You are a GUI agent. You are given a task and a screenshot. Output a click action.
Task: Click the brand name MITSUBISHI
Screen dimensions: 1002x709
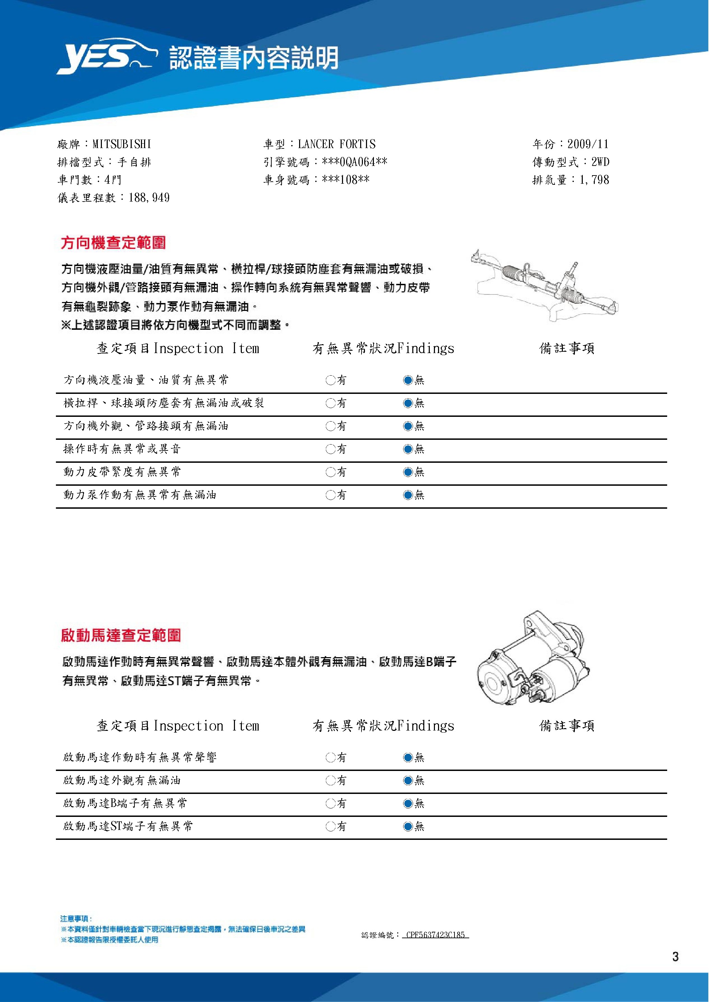tap(122, 144)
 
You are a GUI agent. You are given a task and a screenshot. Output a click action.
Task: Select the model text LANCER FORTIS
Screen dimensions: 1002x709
tap(336, 144)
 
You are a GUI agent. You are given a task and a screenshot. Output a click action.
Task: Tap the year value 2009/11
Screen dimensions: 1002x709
tap(588, 144)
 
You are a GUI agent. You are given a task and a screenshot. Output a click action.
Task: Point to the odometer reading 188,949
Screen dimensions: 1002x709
tap(149, 198)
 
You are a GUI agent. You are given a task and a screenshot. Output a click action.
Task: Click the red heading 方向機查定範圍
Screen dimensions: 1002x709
tap(114, 243)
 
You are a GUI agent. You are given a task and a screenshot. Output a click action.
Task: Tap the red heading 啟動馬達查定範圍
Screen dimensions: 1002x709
tap(121, 636)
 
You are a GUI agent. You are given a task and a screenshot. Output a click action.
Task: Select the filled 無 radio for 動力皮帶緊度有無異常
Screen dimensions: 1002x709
tap(408, 472)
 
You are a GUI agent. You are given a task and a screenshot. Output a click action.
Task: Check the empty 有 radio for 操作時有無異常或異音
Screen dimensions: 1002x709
tap(330, 449)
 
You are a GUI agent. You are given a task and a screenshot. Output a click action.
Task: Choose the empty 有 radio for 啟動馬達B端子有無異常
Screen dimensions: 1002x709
tap(330, 804)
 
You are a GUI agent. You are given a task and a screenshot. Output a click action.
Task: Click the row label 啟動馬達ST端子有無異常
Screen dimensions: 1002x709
tap(128, 826)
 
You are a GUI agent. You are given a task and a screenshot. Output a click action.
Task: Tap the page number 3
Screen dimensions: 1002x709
tap(675, 957)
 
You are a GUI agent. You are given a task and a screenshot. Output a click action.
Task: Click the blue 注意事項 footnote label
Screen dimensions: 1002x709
tap(75, 919)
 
